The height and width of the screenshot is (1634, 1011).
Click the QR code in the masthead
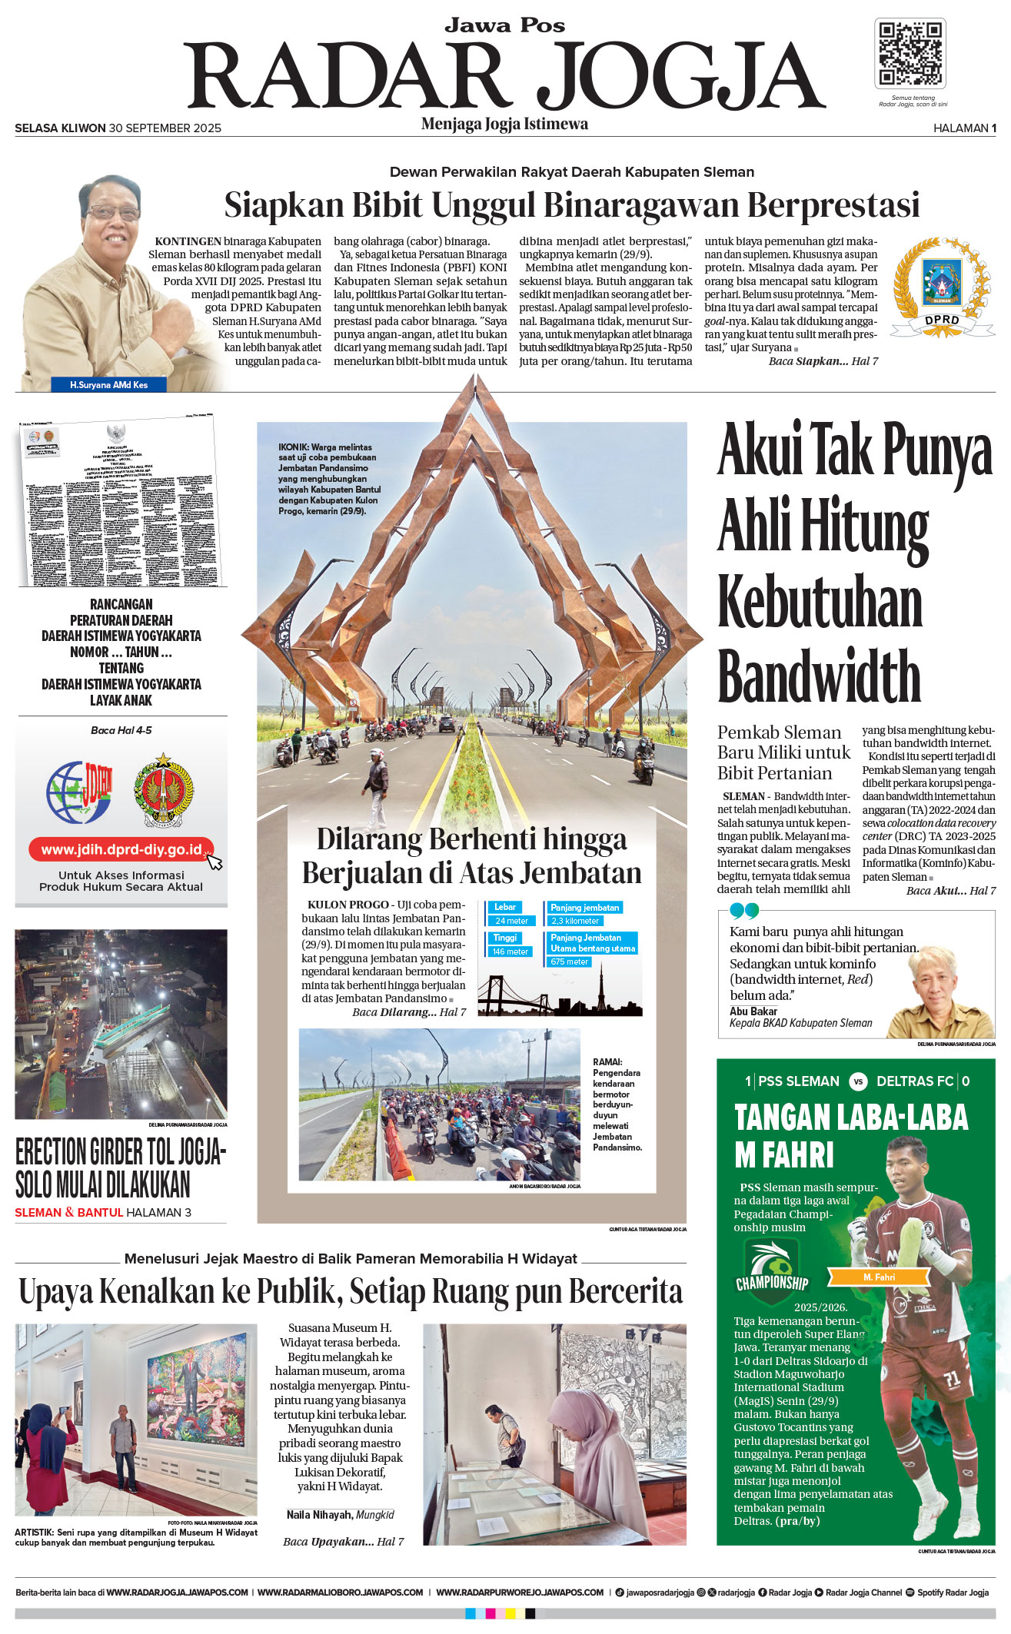tap(910, 54)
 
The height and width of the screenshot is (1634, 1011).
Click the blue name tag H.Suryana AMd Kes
tap(108, 384)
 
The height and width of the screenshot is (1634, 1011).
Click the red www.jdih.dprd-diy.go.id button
tap(121, 849)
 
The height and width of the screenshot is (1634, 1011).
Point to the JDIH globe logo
tap(78, 792)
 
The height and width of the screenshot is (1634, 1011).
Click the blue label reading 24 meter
tap(511, 921)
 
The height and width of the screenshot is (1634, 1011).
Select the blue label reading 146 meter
tap(511, 952)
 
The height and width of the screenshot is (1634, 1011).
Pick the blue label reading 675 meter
tap(569, 961)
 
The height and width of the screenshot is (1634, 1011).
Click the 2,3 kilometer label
tap(574, 921)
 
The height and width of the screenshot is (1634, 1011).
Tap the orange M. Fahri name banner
tap(879, 1277)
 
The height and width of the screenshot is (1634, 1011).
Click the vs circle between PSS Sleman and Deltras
tap(858, 1081)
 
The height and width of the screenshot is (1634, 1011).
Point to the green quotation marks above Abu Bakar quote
tap(744, 911)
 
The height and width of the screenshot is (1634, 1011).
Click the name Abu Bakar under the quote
tap(753, 1011)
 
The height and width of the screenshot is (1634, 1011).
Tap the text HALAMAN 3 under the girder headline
tap(159, 1212)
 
